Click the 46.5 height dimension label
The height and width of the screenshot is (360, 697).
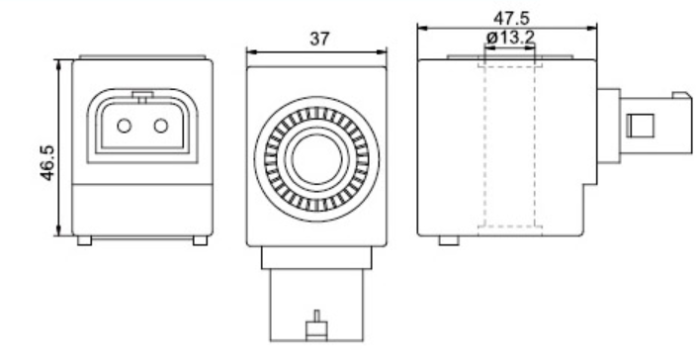(47, 162)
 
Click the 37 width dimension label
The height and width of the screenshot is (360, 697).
(319, 40)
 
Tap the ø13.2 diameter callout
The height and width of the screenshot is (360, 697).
(510, 38)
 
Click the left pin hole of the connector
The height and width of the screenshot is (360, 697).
(124, 127)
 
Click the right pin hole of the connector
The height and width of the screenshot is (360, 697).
(161, 127)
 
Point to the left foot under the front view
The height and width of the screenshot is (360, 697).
(84, 240)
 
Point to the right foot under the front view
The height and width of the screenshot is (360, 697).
(200, 240)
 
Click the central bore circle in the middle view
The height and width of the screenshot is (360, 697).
(317, 158)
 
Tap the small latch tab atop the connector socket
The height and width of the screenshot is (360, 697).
(142, 97)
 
